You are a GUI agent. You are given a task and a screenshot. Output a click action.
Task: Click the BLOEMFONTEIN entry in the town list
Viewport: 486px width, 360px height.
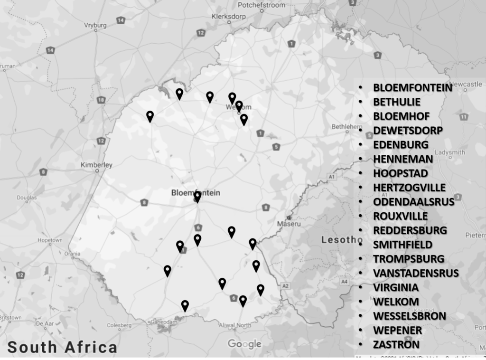pyautogui.click(x=412, y=87)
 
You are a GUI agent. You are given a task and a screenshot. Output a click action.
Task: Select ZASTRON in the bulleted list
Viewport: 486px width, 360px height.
pyautogui.click(x=396, y=344)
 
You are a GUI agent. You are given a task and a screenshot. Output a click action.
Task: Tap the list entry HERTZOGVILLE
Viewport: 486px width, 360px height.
pyautogui.click(x=409, y=187)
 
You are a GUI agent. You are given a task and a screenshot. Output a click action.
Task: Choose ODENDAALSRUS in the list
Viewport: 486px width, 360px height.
pyautogui.click(x=413, y=201)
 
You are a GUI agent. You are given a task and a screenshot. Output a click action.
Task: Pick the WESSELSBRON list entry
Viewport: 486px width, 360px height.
pyautogui.click(x=410, y=316)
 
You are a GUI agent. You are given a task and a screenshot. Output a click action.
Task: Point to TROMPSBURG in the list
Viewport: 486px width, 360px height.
pyautogui.click(x=409, y=259)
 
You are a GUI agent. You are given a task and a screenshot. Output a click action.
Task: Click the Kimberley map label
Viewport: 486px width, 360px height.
pyautogui.click(x=96, y=165)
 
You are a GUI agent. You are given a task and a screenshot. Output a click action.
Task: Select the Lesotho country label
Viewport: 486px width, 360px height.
pyautogui.click(x=338, y=239)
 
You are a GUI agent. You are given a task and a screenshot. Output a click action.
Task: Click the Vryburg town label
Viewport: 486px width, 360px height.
pyautogui.click(x=95, y=25)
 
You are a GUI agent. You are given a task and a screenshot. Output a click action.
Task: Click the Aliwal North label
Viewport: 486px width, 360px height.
pyautogui.click(x=234, y=325)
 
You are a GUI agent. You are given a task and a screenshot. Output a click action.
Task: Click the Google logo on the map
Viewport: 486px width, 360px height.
pyautogui.click(x=244, y=344)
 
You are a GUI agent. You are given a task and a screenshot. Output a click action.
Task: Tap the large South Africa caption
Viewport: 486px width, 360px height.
pyautogui.click(x=62, y=347)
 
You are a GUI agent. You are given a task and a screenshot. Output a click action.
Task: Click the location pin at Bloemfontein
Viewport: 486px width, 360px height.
pyautogui.click(x=197, y=197)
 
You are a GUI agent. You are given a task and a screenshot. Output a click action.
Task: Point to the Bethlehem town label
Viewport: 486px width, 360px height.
pyautogui.click(x=344, y=127)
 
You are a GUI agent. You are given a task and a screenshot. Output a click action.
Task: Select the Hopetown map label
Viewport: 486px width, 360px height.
pyautogui.click(x=50, y=240)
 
